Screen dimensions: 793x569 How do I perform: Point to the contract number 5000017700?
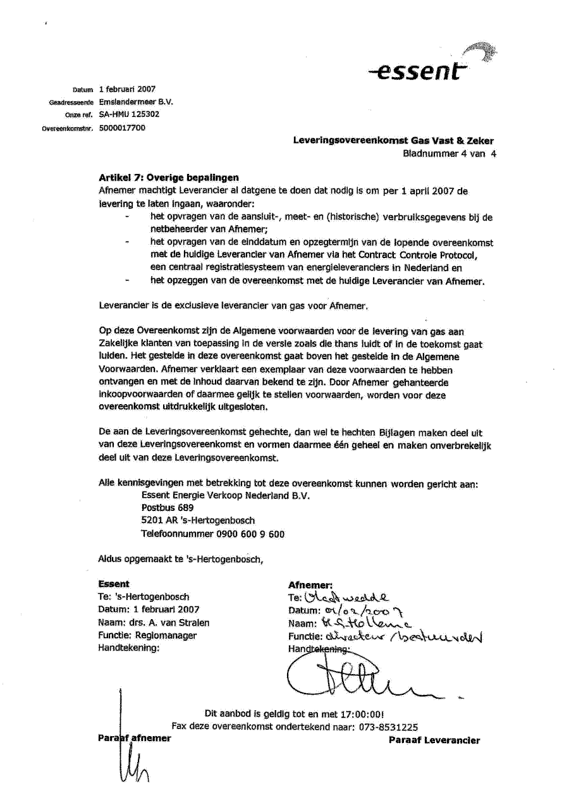(x=122, y=127)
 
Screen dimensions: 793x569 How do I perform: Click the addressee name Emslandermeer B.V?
(x=136, y=101)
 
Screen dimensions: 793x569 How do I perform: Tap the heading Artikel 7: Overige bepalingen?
(x=169, y=178)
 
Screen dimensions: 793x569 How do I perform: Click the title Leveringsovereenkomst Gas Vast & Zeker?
(x=393, y=141)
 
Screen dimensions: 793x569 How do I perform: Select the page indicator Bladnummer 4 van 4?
(x=449, y=154)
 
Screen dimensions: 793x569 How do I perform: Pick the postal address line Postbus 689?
(x=168, y=508)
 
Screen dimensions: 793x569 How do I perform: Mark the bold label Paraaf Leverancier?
(x=434, y=741)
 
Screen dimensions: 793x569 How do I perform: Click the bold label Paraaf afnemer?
(x=135, y=739)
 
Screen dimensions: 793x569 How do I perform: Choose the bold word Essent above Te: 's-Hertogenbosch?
(x=114, y=584)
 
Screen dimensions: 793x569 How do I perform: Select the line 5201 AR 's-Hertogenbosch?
(x=198, y=520)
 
